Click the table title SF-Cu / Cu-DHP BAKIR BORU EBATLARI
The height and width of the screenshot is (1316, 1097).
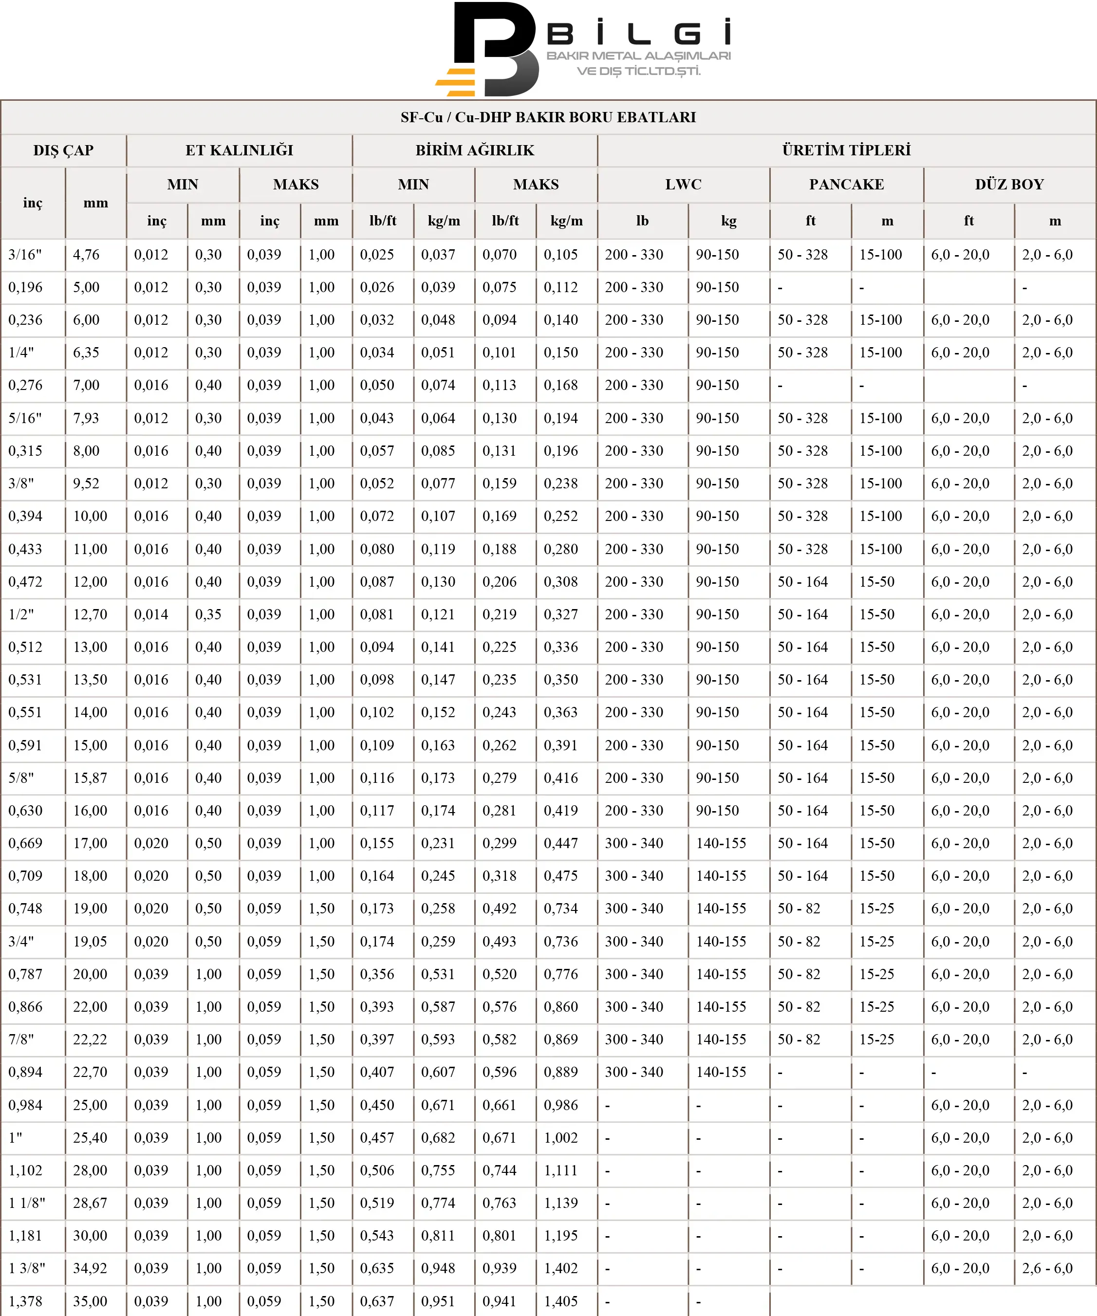[x=548, y=117]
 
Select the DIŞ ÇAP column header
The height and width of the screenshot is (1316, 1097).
[x=63, y=150]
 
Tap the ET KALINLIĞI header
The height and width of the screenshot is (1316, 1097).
[x=239, y=150]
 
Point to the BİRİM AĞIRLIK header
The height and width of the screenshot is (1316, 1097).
[x=475, y=150]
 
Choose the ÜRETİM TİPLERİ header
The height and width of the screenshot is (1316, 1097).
[x=846, y=150]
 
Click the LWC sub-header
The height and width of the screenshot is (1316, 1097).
[x=683, y=184]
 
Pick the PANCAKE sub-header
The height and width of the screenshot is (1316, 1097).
[x=846, y=184]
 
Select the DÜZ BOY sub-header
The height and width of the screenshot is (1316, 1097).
[x=1009, y=184]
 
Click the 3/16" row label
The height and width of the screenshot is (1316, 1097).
[x=25, y=255]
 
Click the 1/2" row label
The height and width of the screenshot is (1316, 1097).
[x=21, y=614]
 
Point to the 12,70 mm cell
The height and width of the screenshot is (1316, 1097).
[x=90, y=614]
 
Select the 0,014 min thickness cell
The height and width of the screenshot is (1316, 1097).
[x=151, y=614]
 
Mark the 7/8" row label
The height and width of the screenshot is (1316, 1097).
[x=21, y=1039]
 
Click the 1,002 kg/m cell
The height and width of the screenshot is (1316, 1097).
[x=560, y=1137]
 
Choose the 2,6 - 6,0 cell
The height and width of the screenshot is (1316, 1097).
[x=1047, y=1268]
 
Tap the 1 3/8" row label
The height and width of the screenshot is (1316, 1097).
[x=27, y=1268]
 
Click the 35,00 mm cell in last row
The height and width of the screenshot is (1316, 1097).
[x=90, y=1301]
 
